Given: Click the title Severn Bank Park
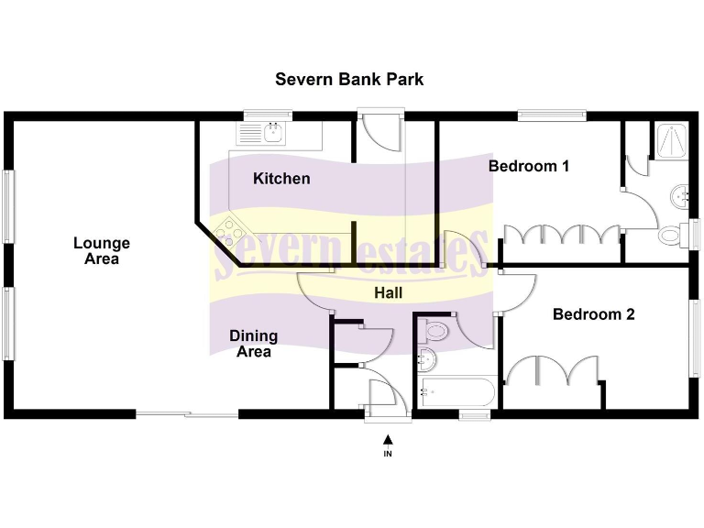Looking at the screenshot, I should click(349, 79).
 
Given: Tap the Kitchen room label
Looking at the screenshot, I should click(281, 179).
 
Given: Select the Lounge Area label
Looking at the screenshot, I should click(102, 250).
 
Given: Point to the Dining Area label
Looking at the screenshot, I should click(253, 344).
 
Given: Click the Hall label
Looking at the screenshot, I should click(389, 293).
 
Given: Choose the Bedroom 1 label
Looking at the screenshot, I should click(529, 166).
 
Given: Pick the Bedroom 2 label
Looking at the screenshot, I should click(593, 314).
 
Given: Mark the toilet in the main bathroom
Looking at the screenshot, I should click(435, 330).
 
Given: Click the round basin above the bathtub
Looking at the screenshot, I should click(426, 359).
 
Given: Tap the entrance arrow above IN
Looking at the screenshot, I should click(388, 440).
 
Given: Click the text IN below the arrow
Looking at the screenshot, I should click(388, 453).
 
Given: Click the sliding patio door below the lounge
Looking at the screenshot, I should click(187, 413).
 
